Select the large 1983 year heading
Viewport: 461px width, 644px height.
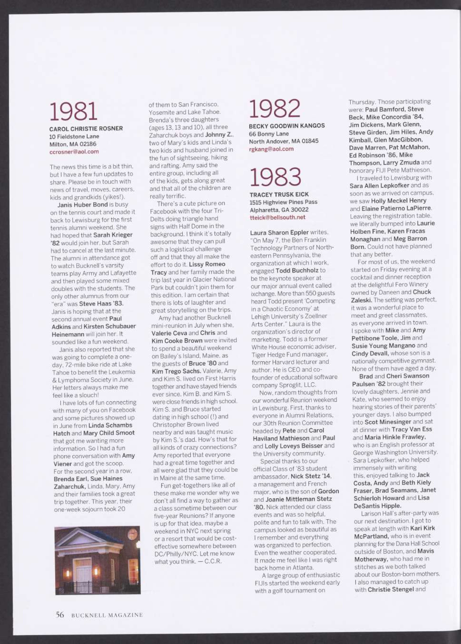pyautogui.click(x=275, y=177)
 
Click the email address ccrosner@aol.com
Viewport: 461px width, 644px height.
pyautogui.click(x=74, y=152)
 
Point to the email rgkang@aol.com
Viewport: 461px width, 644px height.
pyautogui.click(x=271, y=149)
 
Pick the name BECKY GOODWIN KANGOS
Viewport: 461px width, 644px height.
pyautogui.click(x=287, y=126)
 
